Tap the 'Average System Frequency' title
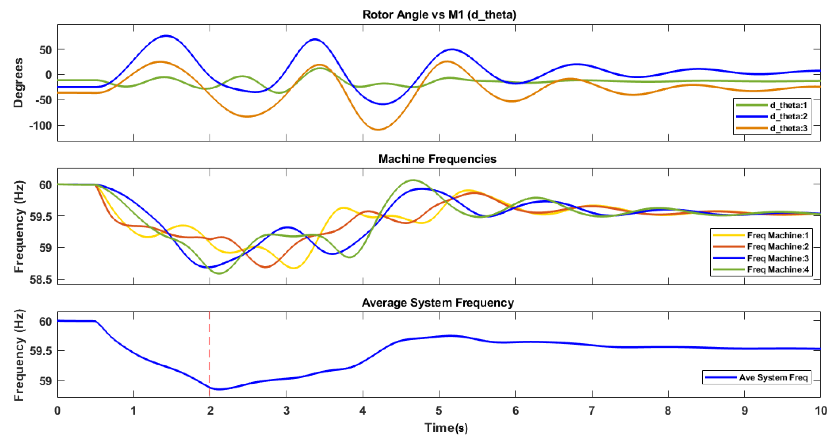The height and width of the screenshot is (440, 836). (437, 303)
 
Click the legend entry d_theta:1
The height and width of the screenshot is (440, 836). (788, 105)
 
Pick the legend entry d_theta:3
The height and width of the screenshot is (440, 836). (788, 128)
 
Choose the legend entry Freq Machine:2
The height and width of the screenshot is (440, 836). (778, 247)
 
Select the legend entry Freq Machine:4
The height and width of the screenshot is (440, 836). (778, 270)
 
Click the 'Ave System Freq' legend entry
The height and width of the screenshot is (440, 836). (773, 377)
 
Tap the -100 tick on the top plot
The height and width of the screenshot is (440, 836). (40, 125)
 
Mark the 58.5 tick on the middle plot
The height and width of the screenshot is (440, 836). (41, 279)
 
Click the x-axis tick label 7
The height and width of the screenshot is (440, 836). (592, 411)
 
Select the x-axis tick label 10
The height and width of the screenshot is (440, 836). (821, 411)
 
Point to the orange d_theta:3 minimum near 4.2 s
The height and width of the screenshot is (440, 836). (378, 130)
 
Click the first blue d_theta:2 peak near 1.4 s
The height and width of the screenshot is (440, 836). (166, 36)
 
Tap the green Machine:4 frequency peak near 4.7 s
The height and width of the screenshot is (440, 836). (413, 180)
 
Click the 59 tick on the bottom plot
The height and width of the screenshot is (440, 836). (45, 381)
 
